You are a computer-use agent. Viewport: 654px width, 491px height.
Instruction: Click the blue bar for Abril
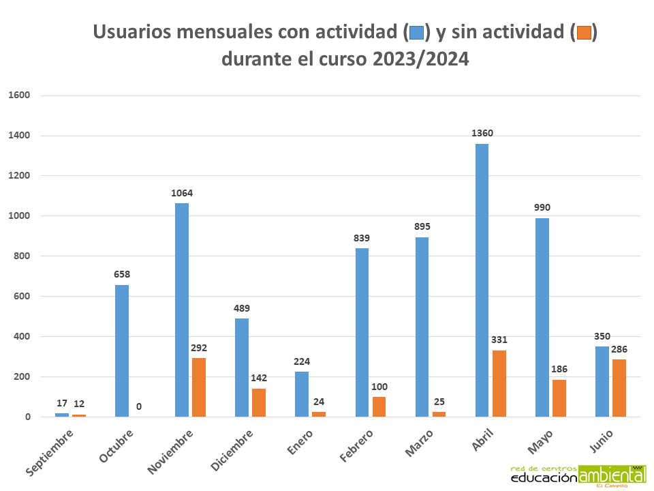pyautogui.click(x=482, y=280)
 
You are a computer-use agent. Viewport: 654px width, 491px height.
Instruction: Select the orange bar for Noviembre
pyautogui.click(x=198, y=387)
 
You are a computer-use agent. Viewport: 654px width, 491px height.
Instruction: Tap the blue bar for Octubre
pyautogui.click(x=122, y=351)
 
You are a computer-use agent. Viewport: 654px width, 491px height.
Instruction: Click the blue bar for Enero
pyautogui.click(x=302, y=394)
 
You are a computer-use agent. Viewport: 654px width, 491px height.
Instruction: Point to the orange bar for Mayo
pyautogui.click(x=559, y=398)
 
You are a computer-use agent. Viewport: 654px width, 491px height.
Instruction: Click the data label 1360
pyautogui.click(x=482, y=133)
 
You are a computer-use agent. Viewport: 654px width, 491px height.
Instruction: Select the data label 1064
pyautogui.click(x=182, y=193)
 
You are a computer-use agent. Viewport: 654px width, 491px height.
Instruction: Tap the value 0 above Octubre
pyautogui.click(x=139, y=406)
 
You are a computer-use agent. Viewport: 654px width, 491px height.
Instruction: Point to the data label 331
pyautogui.click(x=499, y=340)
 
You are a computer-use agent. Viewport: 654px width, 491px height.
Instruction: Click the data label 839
pyautogui.click(x=362, y=237)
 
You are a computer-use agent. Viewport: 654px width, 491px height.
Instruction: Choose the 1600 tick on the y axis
pyautogui.click(x=19, y=95)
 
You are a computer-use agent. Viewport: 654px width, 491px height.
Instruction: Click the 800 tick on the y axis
pyautogui.click(x=22, y=256)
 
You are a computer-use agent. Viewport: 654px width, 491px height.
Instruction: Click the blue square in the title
pyautogui.click(x=416, y=32)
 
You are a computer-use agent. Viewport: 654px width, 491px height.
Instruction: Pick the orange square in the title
pyautogui.click(x=584, y=32)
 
